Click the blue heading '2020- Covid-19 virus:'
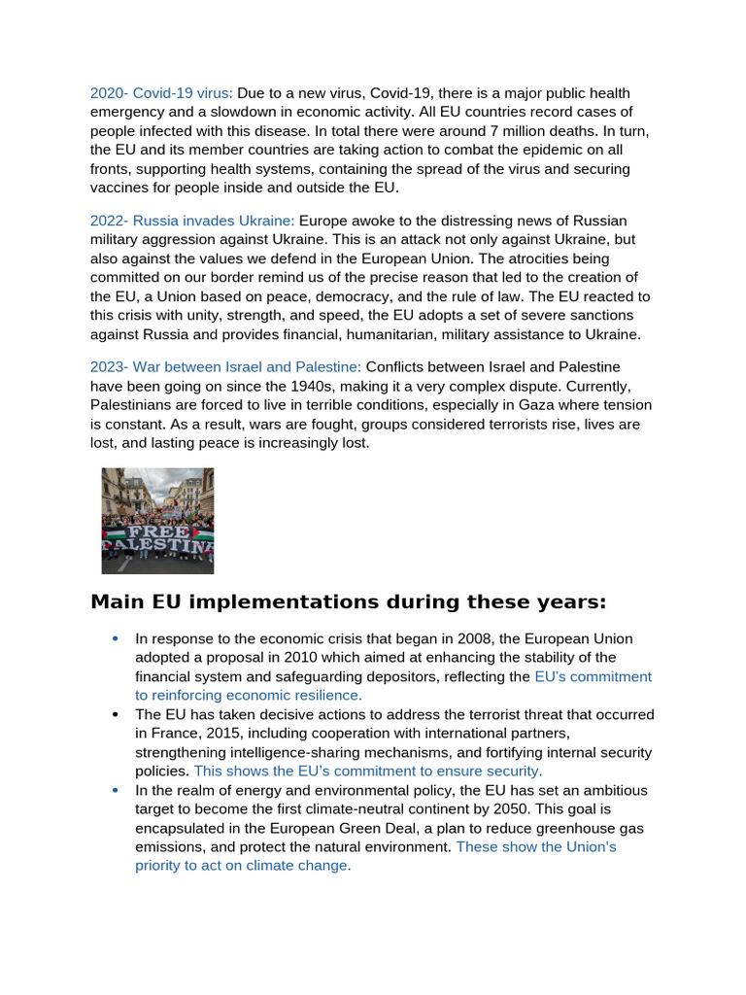click(x=161, y=93)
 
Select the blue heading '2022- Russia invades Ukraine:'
click(x=192, y=222)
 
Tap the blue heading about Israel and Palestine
click(x=225, y=367)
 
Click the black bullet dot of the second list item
click(x=116, y=714)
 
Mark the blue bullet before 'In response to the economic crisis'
click(x=116, y=638)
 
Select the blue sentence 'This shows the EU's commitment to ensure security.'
click(x=368, y=771)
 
